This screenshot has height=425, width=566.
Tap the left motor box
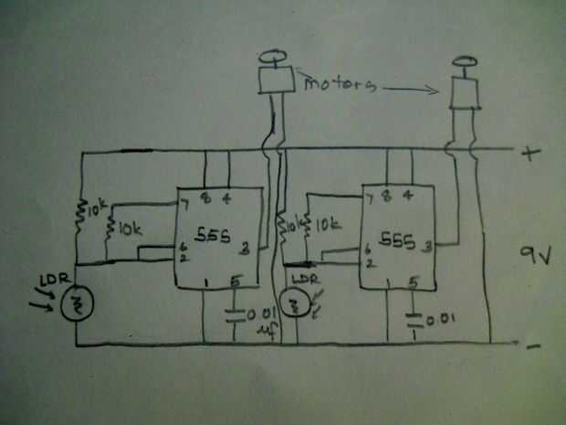pyautogui.click(x=273, y=80)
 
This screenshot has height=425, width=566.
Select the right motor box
pyautogui.click(x=466, y=91)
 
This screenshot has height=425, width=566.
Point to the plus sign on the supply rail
pyautogui.click(x=528, y=154)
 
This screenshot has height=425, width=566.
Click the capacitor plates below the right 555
pyautogui.click(x=416, y=319)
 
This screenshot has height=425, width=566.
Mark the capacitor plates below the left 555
pyautogui.click(x=235, y=316)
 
